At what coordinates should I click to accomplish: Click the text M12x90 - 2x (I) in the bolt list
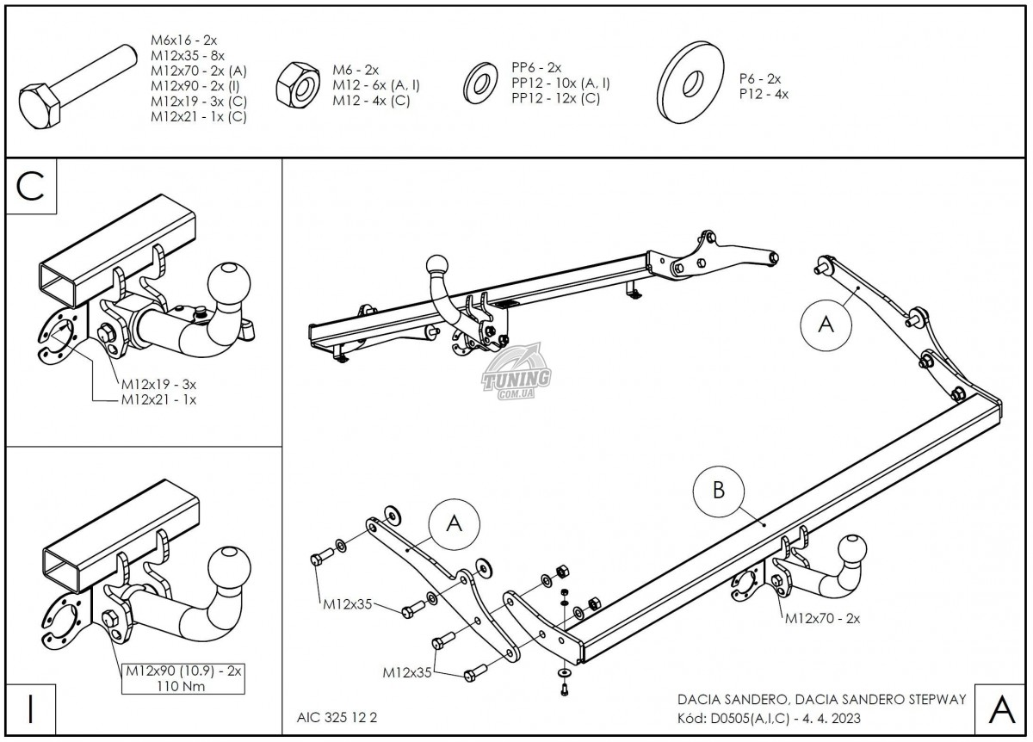point(195,85)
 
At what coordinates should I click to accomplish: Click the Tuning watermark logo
point(516,376)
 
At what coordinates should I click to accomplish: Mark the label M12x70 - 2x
point(821,618)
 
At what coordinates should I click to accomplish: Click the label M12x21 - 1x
point(158,400)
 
